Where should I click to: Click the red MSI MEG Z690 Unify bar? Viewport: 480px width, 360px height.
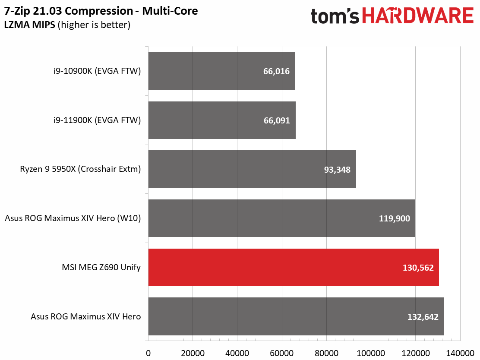(x=294, y=267)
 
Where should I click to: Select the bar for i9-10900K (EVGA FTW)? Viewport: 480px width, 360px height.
(x=221, y=71)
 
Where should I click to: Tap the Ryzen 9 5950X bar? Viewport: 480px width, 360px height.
(x=252, y=169)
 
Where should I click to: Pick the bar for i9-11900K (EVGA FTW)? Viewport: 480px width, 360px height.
(x=222, y=120)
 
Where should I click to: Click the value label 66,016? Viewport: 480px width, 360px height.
(x=276, y=71)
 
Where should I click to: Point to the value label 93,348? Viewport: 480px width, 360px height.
(x=337, y=170)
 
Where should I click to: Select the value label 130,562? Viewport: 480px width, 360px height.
(x=418, y=268)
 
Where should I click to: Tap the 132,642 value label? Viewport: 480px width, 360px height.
(x=423, y=317)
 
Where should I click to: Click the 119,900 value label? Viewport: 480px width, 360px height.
(x=394, y=218)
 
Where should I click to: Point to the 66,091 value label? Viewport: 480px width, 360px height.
(x=277, y=120)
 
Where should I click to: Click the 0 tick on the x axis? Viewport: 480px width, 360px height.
(x=148, y=353)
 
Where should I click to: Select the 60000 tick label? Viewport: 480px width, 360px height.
(x=281, y=353)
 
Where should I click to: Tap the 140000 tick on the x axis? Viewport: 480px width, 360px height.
(x=460, y=353)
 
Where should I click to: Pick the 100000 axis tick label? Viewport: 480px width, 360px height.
(x=371, y=353)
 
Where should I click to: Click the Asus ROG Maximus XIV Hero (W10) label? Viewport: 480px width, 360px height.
(x=73, y=218)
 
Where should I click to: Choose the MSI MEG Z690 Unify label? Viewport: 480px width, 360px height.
(x=101, y=267)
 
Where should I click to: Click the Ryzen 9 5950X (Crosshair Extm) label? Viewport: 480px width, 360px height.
(x=81, y=169)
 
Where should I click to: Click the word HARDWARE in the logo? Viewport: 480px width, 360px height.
(x=418, y=16)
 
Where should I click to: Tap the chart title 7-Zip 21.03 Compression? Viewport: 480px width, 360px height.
(x=69, y=11)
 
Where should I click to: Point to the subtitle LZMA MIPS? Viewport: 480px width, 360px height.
(x=30, y=25)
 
